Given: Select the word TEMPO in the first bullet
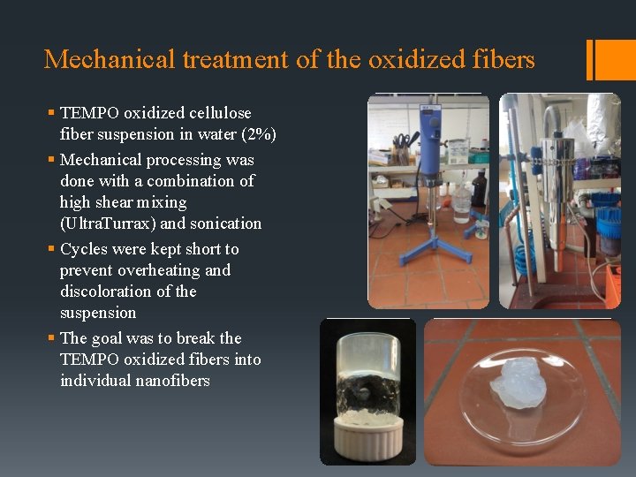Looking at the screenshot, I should [90, 113].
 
